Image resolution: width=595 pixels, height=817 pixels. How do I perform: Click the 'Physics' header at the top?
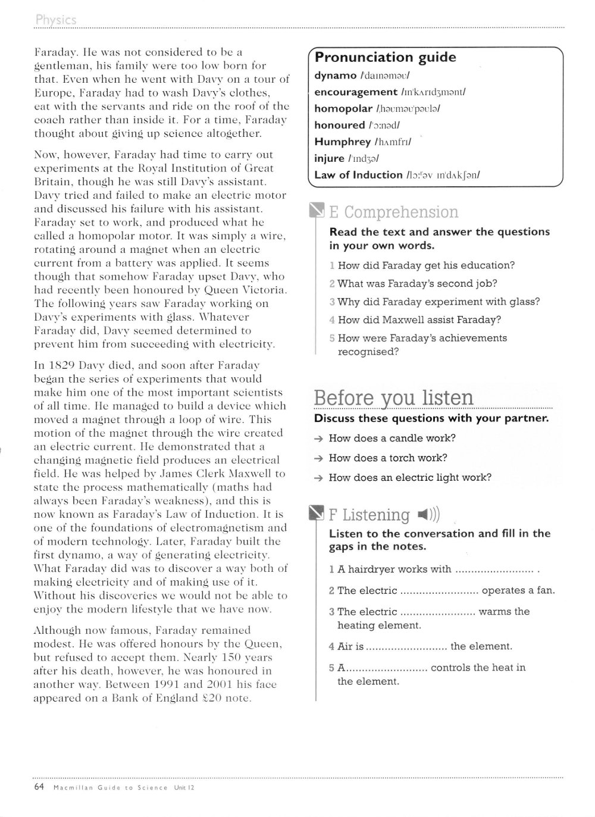(56, 20)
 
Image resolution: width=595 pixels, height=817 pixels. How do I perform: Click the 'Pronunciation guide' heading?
(385, 58)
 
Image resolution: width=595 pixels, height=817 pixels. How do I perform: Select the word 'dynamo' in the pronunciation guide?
(336, 76)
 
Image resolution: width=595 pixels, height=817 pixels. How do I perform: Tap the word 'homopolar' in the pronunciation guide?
(343, 108)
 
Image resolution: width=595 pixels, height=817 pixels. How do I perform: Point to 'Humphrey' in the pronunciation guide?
(342, 142)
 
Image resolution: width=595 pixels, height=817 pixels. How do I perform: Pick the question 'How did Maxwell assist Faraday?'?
(419, 320)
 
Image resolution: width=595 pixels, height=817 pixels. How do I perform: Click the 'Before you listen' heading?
(393, 397)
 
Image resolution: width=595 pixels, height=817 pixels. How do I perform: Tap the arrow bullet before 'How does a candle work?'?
(320, 439)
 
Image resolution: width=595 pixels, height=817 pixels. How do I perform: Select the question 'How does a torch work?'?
(387, 458)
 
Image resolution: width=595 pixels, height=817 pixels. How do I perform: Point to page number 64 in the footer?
(40, 787)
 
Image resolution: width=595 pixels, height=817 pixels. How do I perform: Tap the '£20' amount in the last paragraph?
(214, 698)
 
